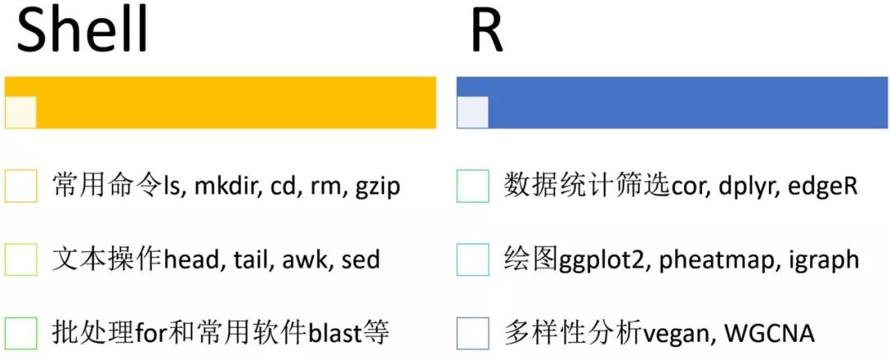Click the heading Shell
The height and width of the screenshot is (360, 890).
click(x=82, y=31)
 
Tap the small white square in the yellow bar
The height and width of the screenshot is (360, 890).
click(x=21, y=112)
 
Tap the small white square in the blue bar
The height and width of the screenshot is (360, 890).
click(x=472, y=112)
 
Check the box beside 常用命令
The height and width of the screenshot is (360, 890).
click(x=21, y=186)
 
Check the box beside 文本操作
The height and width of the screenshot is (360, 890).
click(x=21, y=259)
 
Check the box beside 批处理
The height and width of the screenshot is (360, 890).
click(x=21, y=333)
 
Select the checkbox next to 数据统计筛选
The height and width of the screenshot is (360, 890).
click(x=472, y=186)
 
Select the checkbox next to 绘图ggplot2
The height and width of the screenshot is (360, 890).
click(x=472, y=259)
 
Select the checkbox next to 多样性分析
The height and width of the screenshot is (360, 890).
click(x=472, y=333)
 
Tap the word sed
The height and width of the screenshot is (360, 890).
click(x=360, y=259)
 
